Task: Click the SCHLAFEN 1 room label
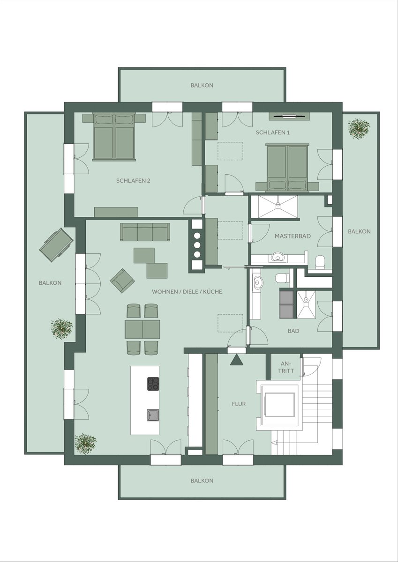273,133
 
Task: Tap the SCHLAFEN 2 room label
133,181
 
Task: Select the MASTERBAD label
293,236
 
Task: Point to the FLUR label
239,404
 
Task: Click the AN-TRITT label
286,367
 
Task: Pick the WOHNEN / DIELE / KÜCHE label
187,291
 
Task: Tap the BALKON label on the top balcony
202,85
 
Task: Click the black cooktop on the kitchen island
153,384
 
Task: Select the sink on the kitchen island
153,415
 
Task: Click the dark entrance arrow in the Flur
237,360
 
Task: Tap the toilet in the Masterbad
320,262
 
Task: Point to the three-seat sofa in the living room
145,232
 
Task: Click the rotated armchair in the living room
122,281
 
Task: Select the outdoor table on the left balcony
56,244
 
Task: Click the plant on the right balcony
359,128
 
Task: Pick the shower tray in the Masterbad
278,207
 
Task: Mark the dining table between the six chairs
143,329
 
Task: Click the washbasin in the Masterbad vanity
277,257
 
